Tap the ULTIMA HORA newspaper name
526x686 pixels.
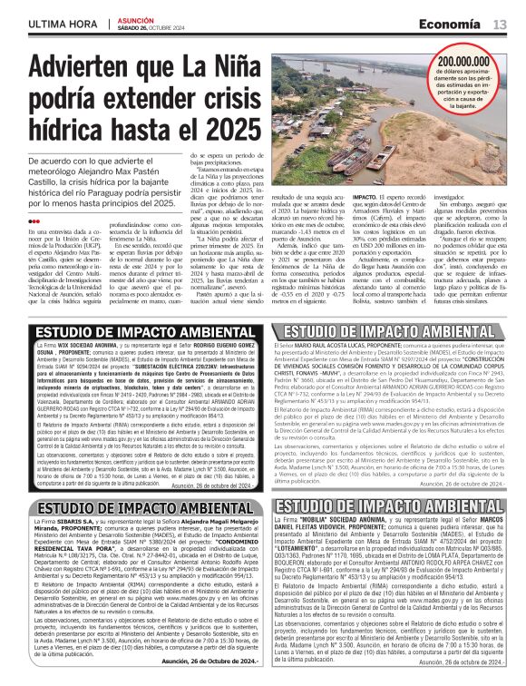click(x=60, y=23)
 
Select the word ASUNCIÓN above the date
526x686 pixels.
click(x=136, y=17)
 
